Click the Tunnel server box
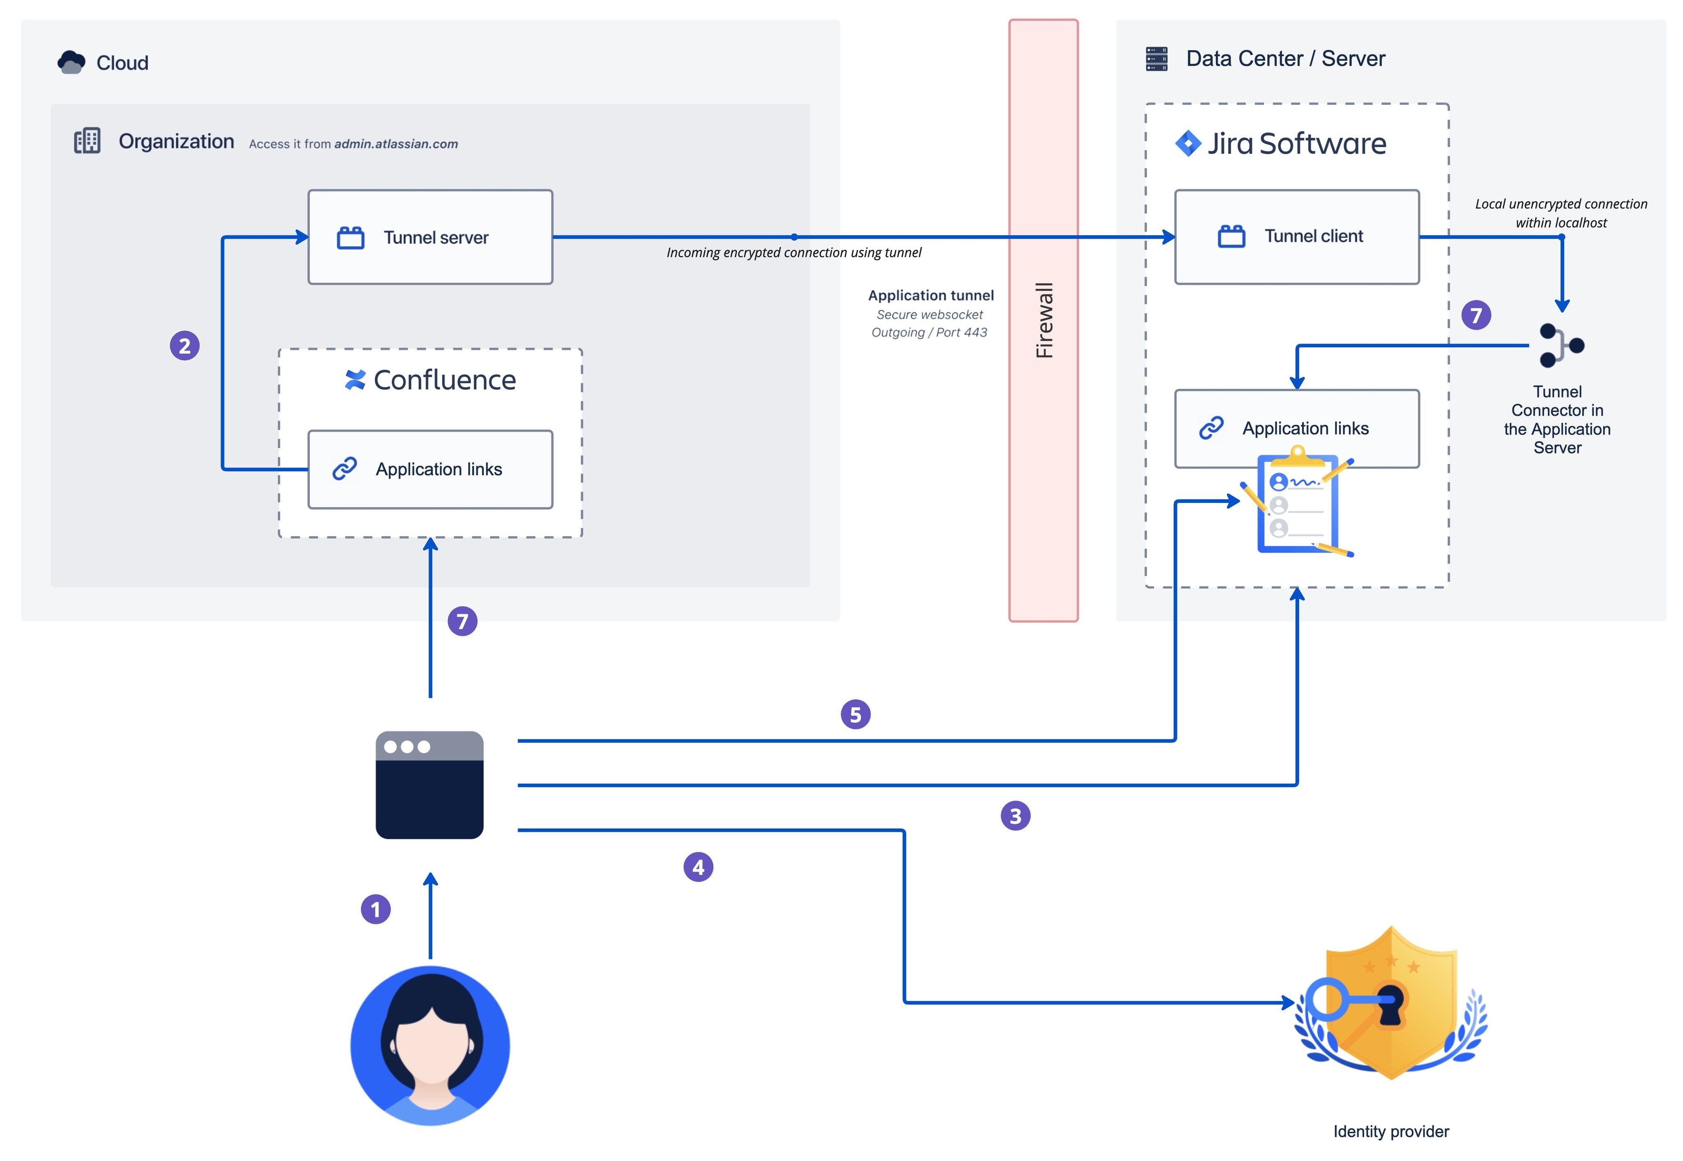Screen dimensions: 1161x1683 [430, 237]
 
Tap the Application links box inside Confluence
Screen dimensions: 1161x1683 [430, 469]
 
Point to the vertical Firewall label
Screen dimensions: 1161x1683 [1044, 320]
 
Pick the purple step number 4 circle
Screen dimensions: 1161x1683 [698, 867]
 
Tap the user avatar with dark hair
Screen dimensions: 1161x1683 [430, 1045]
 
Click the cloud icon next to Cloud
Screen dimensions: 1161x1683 [71, 62]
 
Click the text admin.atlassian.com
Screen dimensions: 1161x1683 [396, 144]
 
